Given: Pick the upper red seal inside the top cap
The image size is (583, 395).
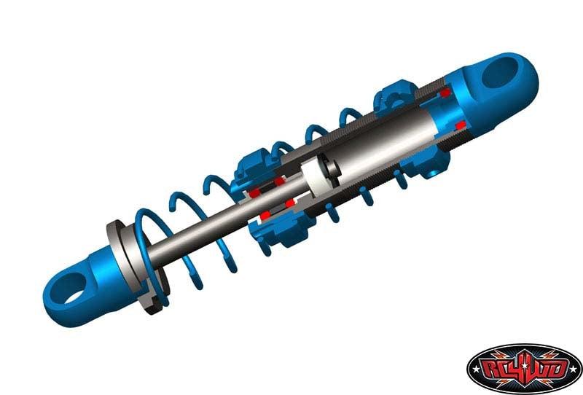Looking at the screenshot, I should coord(444,95).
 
